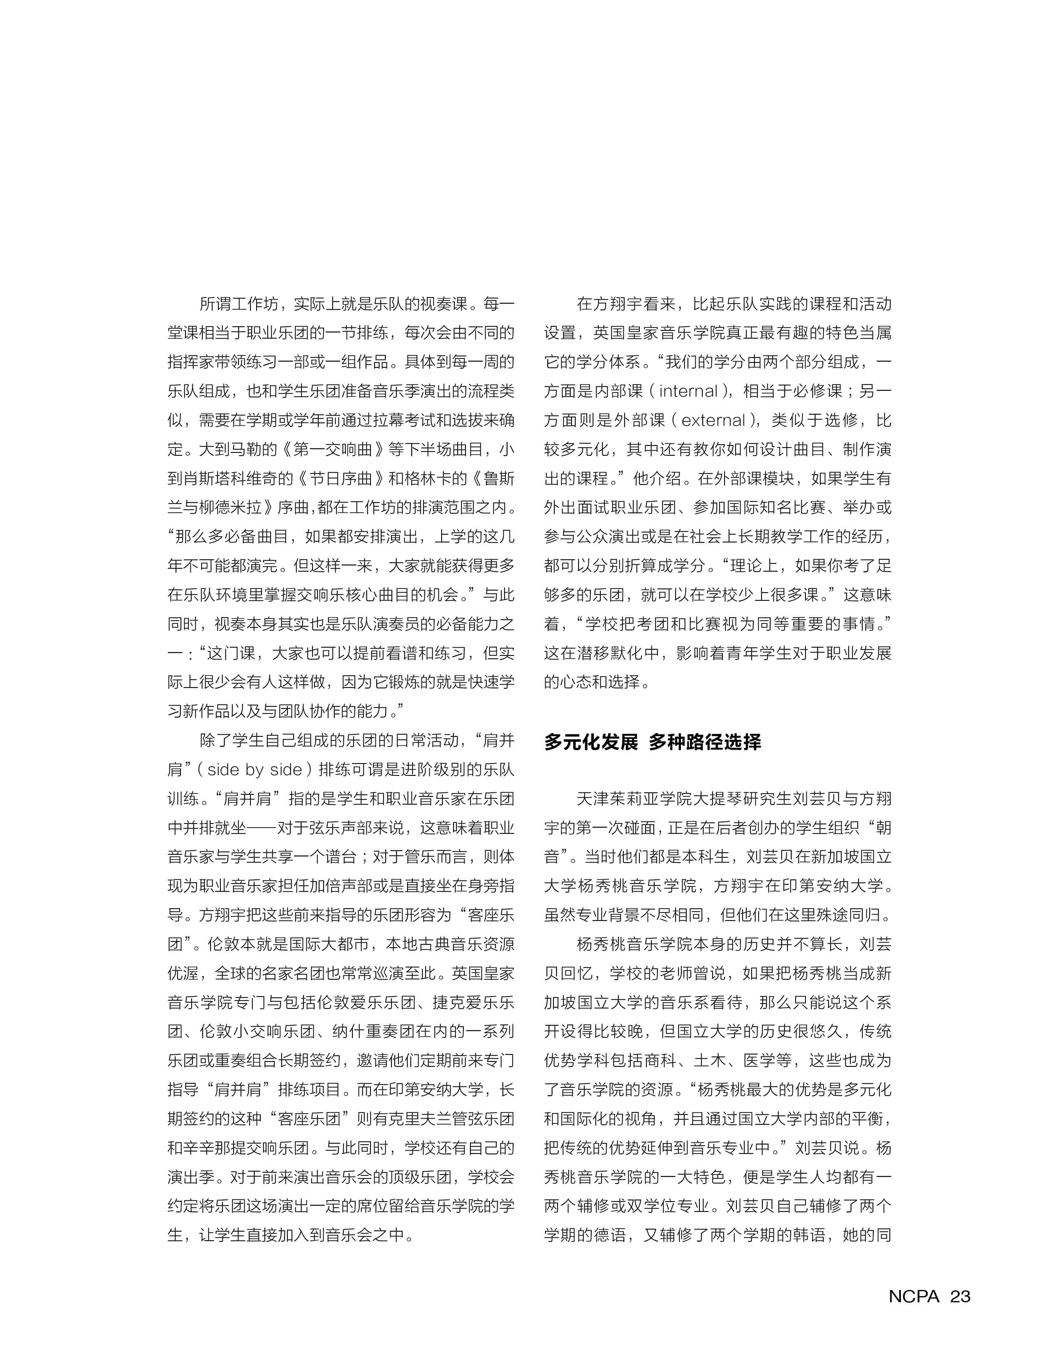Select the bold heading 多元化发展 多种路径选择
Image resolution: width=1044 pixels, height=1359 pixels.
653,742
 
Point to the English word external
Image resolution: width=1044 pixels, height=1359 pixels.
713,420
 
